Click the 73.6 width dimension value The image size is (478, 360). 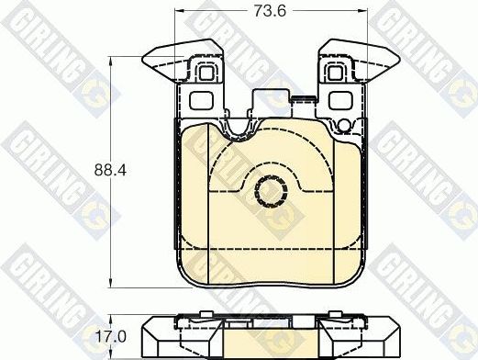pyautogui.click(x=270, y=11)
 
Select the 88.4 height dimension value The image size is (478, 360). pyautogui.click(x=110, y=170)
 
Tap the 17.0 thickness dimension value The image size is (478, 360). pyautogui.click(x=111, y=337)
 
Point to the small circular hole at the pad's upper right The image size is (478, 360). pyautogui.click(x=345, y=126)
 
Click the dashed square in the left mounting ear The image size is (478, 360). pyautogui.click(x=206, y=73)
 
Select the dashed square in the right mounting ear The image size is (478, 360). pyautogui.click(x=336, y=73)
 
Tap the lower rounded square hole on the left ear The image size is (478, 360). pyautogui.click(x=201, y=101)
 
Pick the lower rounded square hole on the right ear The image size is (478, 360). pyautogui.click(x=340, y=101)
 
